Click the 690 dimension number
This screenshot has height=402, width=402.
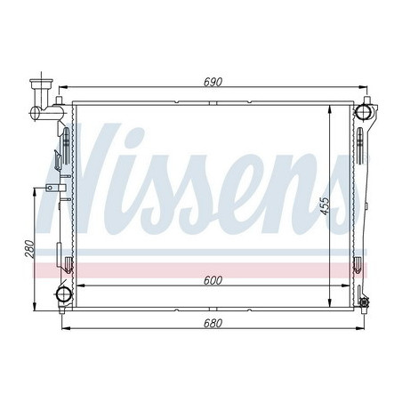click(x=211, y=82)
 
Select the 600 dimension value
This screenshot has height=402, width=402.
click(x=211, y=280)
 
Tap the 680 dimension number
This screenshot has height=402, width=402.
click(x=211, y=323)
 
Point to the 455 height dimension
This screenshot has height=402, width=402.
click(x=326, y=205)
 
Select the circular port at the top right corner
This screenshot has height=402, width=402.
click(x=363, y=111)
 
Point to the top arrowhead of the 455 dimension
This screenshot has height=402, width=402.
click(x=332, y=106)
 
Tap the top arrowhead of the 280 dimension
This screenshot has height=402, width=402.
click(x=36, y=190)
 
